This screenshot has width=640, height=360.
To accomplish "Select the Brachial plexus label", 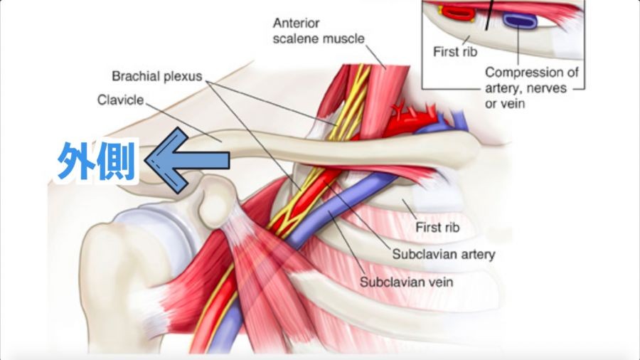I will pyautogui.click(x=157, y=75).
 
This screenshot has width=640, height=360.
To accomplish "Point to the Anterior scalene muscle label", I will pyautogui.click(x=317, y=31).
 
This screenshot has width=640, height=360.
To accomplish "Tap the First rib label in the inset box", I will pyautogui.click(x=457, y=51).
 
